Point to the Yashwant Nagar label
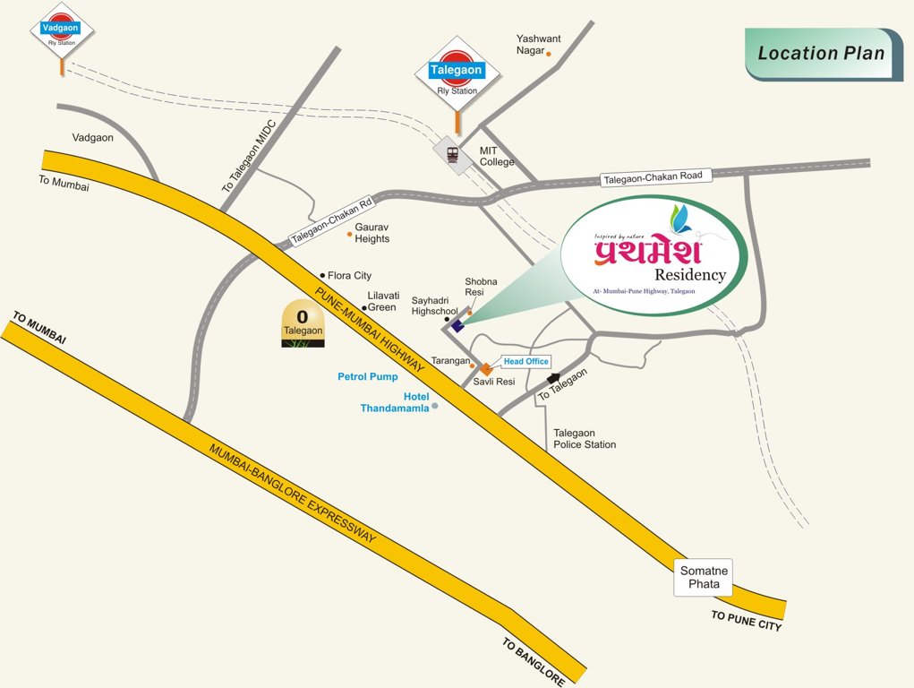[x=538, y=45]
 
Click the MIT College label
[x=497, y=156]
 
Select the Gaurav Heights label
[x=372, y=233]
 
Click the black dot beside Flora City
[x=322, y=275]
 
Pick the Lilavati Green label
[x=382, y=301]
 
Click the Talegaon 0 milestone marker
[x=303, y=323]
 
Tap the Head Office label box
[x=525, y=361]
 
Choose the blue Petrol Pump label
[x=367, y=376]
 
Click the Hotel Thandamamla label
[x=395, y=402]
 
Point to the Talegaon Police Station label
[x=584, y=439]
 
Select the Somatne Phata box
[x=705, y=578]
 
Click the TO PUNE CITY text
[x=746, y=620]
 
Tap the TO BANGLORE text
[x=533, y=660]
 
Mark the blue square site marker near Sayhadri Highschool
[x=457, y=325]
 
